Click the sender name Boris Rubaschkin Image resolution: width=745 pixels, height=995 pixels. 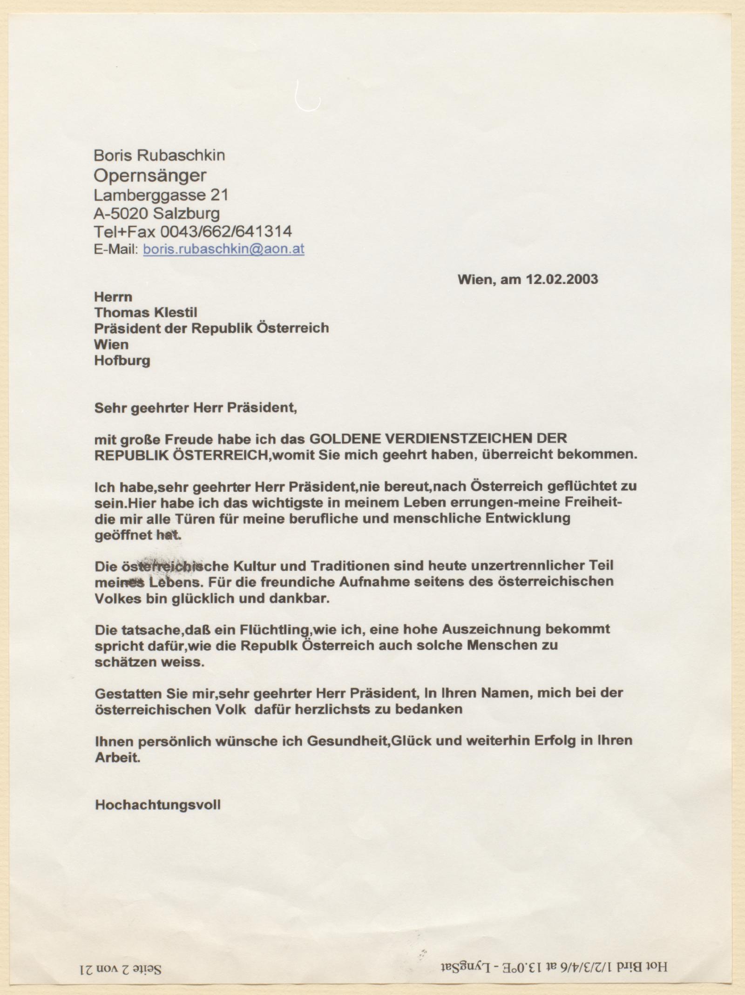coord(159,155)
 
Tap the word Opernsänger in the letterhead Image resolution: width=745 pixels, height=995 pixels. coord(150,175)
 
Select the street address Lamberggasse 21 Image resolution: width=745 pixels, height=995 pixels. coord(161,195)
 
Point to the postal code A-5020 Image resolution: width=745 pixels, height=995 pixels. coord(121,214)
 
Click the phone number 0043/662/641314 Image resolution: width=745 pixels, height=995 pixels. coord(226,231)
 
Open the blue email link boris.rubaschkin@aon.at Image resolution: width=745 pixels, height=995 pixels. coord(223,249)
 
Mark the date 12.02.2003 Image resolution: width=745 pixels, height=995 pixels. coord(562,279)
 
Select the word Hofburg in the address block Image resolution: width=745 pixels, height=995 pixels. coord(122,361)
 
